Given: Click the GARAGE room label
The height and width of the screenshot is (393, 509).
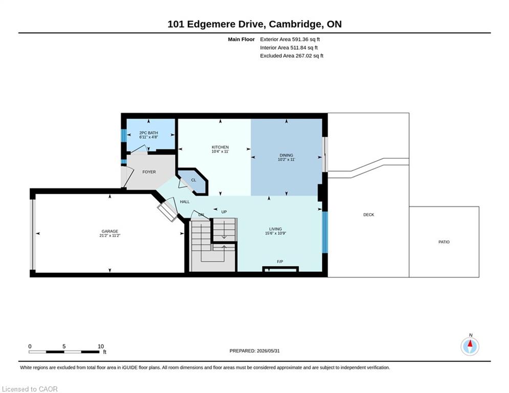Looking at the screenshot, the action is point(109,231).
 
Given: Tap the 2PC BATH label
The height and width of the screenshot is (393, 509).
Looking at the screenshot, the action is point(149,133).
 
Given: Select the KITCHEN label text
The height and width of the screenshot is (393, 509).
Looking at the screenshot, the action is point(220,147).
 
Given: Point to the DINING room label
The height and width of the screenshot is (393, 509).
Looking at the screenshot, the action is point(286,155).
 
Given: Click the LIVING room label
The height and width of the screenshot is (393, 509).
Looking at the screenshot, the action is point(275,229).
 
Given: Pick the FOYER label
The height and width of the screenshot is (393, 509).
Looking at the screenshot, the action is point(149,172).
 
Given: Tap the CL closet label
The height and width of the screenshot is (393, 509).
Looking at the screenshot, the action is point(193,180).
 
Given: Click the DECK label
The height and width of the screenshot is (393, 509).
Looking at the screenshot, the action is point(369,215).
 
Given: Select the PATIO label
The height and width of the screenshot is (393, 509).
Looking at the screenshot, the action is point(444,242).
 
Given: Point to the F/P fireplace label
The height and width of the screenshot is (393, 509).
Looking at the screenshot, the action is point(280,261).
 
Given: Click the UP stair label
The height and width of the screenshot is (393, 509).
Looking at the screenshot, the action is point(224,212).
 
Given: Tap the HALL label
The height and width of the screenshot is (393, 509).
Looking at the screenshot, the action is point(185,202).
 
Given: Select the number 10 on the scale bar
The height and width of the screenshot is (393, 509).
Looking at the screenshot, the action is point(101,346).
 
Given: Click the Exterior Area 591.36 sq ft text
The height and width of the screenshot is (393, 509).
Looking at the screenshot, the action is point(290,39).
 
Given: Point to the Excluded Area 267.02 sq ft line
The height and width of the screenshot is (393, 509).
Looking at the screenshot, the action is point(292,56).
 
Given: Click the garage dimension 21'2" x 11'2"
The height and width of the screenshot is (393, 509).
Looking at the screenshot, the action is point(109,235).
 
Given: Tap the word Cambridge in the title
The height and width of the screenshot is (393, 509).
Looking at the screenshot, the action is point(295,25).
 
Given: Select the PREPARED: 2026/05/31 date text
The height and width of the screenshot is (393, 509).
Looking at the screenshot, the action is point(255,351).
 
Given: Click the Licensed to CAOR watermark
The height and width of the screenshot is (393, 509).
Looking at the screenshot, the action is point(30,389).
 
